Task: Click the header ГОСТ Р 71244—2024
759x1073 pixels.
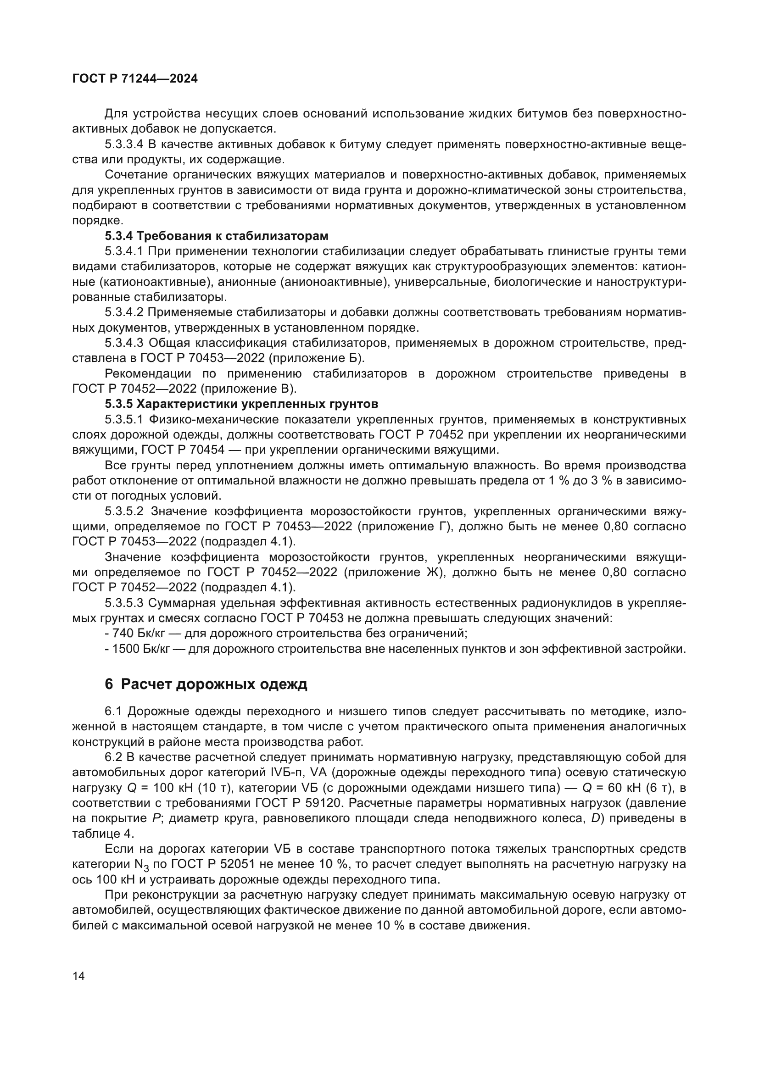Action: (x=135, y=79)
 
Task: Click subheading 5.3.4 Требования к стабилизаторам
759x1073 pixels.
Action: (x=217, y=235)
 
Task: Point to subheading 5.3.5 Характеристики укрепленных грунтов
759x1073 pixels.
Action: (x=241, y=403)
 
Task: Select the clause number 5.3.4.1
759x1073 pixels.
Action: (x=123, y=251)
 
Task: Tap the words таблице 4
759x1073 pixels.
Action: (x=103, y=834)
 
